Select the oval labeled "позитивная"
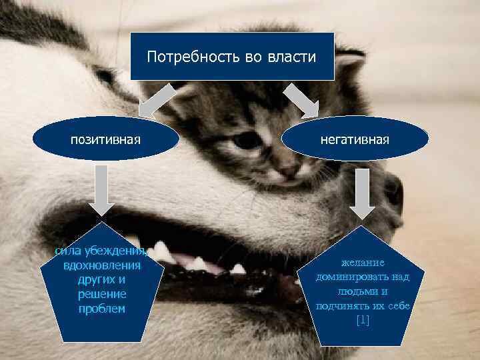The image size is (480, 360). click(106, 139)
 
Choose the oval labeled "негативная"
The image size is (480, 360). click(355, 139)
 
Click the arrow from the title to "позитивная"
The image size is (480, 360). click(157, 101)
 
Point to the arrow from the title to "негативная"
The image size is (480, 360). click(301, 101)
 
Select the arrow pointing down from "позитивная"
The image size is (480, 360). click(101, 191)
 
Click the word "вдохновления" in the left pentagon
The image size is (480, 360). click(102, 265)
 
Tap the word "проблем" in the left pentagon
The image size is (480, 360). click(102, 309)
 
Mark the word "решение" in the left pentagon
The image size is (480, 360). click(102, 294)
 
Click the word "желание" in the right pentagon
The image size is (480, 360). click(363, 263)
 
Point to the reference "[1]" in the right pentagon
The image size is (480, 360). click(363, 321)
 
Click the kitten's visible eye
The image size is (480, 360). click(247, 141)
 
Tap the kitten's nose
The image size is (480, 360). click(289, 170)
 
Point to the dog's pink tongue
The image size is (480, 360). click(199, 263)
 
